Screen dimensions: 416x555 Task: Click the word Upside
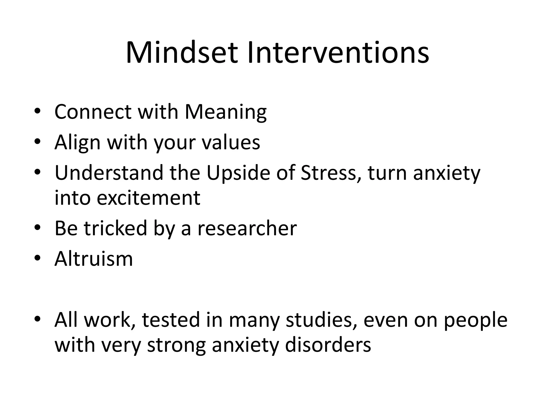[x=238, y=173]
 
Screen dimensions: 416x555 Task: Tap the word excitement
[x=149, y=198]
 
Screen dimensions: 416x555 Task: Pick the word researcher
[x=247, y=228]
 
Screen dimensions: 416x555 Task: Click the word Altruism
[x=93, y=259]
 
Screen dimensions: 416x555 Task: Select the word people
[x=475, y=320]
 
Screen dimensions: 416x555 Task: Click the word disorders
[x=328, y=345]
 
